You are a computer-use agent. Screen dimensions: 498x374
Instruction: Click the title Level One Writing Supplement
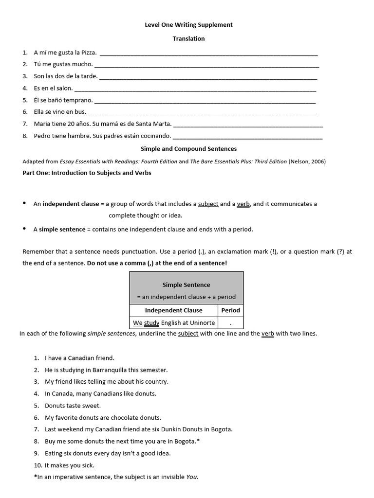click(x=188, y=25)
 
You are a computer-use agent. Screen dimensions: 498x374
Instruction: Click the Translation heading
click(x=188, y=38)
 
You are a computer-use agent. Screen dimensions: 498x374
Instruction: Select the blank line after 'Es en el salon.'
click(x=195, y=89)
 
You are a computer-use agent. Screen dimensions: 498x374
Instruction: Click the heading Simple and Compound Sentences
click(x=188, y=149)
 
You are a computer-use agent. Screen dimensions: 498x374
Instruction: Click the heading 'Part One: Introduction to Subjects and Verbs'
click(x=87, y=173)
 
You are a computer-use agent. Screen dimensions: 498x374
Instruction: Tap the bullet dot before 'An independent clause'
click(x=25, y=203)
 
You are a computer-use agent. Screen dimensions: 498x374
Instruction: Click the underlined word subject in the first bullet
click(x=208, y=204)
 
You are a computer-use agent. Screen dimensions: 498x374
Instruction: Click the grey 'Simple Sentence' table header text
click(x=186, y=285)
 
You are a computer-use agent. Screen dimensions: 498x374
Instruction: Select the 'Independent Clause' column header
click(x=173, y=310)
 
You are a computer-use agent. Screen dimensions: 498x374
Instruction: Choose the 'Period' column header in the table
click(x=230, y=310)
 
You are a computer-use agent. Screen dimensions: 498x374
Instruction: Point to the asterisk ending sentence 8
click(x=198, y=441)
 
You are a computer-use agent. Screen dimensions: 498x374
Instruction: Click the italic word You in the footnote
click(x=192, y=477)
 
